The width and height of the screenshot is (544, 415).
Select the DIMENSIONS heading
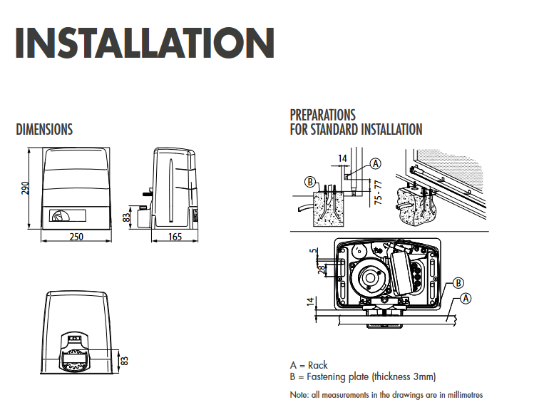[x=44, y=130]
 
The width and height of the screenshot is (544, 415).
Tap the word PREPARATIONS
[x=322, y=115]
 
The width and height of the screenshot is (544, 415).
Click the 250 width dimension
[x=76, y=237]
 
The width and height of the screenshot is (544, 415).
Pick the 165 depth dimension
[x=174, y=237]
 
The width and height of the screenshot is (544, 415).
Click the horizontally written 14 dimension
[x=342, y=158]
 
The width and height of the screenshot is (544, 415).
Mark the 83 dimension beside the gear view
[x=123, y=359]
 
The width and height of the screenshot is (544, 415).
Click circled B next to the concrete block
[x=309, y=182]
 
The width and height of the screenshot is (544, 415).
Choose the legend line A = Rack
[x=309, y=365]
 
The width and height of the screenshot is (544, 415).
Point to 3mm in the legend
[x=424, y=376]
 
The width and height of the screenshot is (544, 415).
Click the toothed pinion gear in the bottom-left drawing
[x=78, y=357]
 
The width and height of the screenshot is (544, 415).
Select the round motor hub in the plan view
[x=372, y=277]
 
